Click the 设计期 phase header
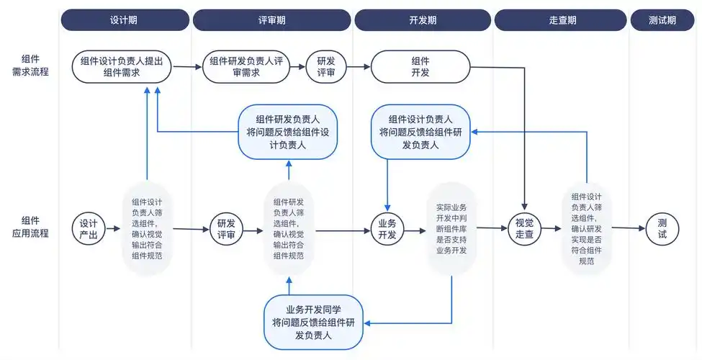tap(125, 20)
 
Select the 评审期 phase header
tap(271, 20)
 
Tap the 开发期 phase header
tap(422, 20)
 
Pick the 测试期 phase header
tap(662, 20)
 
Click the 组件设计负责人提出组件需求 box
tap(122, 67)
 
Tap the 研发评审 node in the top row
tap(325, 67)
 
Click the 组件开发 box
tap(420, 67)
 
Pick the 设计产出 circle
tap(89, 229)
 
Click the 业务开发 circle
tap(387, 229)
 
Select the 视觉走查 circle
tap(524, 229)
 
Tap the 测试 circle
tap(662, 229)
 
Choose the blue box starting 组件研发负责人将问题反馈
tap(288, 132)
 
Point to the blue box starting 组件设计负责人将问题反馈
tap(420, 132)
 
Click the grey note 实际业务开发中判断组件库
tap(451, 229)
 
